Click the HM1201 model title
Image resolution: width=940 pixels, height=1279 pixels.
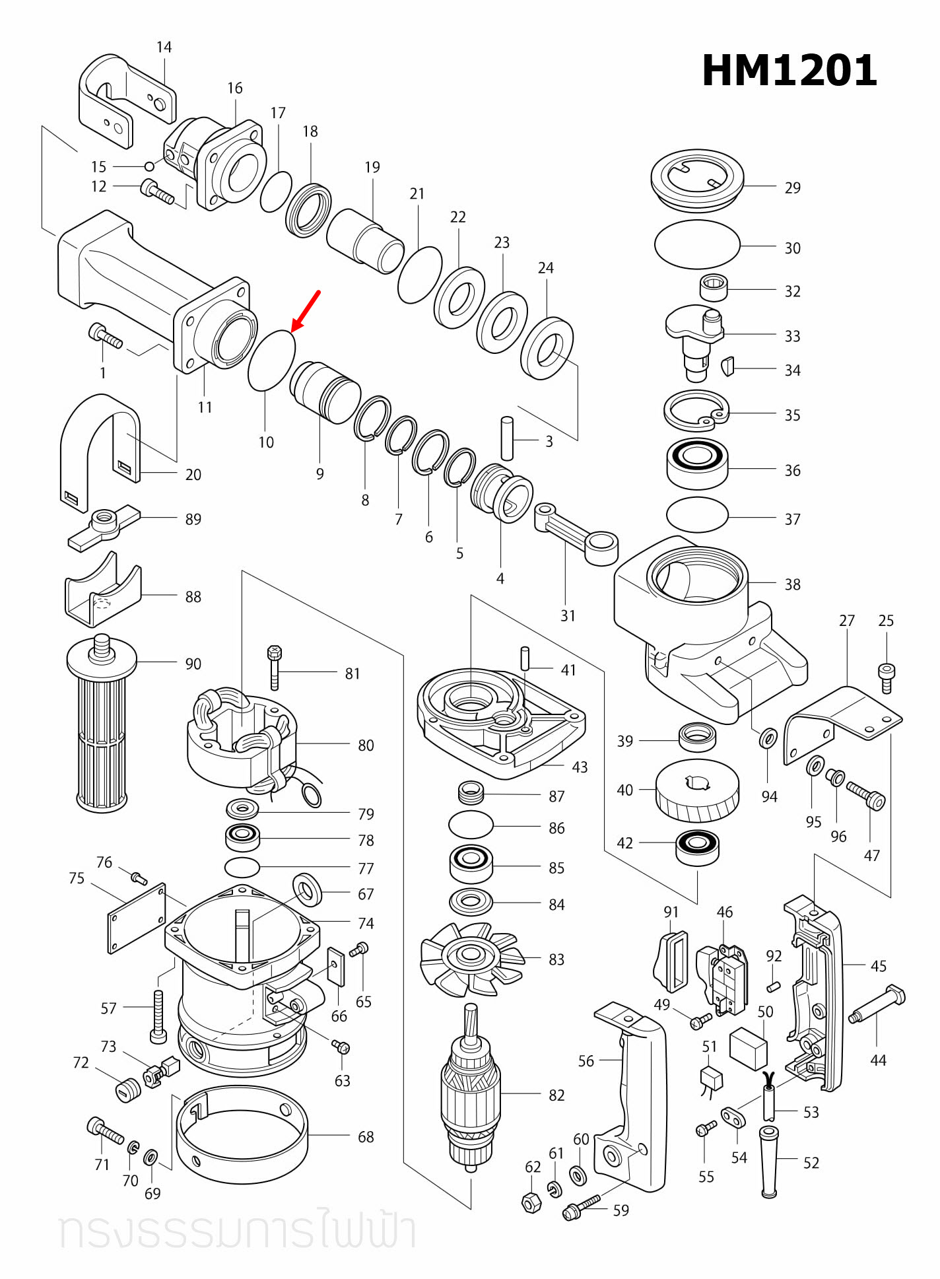[x=789, y=71]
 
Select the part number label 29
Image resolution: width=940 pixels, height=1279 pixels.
[x=792, y=188]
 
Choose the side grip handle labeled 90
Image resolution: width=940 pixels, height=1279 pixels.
[x=102, y=726]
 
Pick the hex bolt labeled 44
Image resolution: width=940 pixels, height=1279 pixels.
[x=878, y=1004]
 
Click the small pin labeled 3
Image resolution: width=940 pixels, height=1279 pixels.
[x=507, y=438]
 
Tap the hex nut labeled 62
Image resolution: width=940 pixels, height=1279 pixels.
[x=532, y=1202]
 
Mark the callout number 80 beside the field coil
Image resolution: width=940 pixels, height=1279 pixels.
[x=366, y=745]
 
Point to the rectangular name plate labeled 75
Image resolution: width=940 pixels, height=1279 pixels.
[x=137, y=918]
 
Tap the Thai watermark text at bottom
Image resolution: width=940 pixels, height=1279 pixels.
[x=238, y=1229]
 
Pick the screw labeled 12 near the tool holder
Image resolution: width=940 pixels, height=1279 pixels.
[x=157, y=192]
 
